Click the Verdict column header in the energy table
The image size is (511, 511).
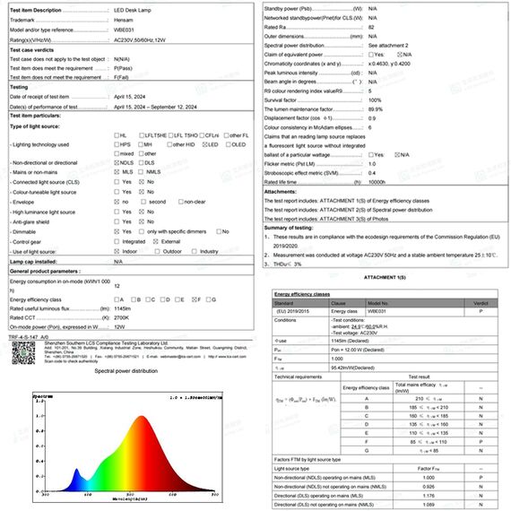point(481,303)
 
